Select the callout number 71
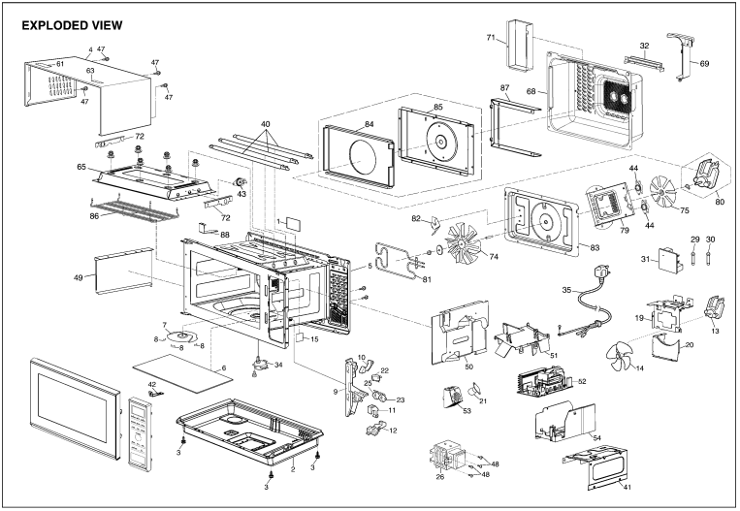(x=491, y=38)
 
